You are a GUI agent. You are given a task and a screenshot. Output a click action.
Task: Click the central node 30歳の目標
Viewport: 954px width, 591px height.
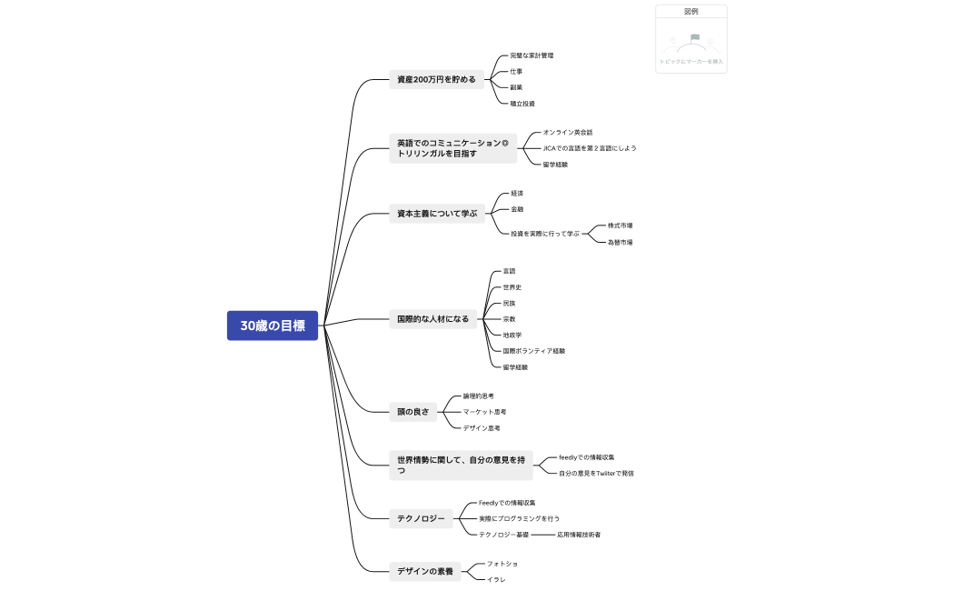273,326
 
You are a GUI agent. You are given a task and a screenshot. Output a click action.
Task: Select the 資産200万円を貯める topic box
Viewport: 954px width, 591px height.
436,79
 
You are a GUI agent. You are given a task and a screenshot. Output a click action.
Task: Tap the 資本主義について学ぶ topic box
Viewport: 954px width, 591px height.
437,214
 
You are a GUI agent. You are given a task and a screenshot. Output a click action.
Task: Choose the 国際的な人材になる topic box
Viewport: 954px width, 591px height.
433,319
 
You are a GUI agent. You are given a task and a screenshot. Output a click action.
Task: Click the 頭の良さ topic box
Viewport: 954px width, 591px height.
412,412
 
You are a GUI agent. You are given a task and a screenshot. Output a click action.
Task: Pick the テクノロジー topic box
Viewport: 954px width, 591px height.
421,519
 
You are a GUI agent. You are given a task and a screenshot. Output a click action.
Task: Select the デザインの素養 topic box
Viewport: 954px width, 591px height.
425,571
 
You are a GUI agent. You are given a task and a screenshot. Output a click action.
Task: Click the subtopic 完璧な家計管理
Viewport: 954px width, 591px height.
532,55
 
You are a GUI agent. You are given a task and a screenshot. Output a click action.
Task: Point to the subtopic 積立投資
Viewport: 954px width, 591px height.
522,104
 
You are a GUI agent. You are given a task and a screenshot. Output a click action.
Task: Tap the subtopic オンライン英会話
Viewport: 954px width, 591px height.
568,133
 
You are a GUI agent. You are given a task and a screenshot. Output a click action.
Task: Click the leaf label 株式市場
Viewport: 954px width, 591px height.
621,225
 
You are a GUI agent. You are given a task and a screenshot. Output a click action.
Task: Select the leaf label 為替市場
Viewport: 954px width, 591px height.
621,242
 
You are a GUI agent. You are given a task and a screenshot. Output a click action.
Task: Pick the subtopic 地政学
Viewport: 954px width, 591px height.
512,335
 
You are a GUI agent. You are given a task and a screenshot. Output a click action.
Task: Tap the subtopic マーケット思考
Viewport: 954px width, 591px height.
485,412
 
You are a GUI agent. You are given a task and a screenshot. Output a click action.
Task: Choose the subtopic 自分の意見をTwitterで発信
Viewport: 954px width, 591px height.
596,473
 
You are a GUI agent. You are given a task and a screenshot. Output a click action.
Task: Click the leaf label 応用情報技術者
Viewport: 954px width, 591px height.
579,535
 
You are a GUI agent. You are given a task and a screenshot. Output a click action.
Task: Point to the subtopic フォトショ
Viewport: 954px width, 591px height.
502,564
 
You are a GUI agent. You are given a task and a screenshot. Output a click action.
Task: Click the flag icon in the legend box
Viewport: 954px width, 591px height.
694,39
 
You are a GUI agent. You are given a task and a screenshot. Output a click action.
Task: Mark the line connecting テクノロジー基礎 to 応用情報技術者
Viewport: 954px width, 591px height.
543,535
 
